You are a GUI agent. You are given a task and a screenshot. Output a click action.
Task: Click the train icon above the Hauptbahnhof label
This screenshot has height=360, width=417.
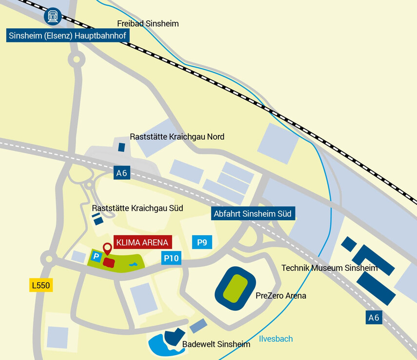pos(52,17)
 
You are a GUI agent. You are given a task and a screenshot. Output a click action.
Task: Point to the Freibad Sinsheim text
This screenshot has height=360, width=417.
pos(148,23)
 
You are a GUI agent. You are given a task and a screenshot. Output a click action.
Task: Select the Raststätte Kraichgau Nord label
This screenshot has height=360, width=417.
pos(177,137)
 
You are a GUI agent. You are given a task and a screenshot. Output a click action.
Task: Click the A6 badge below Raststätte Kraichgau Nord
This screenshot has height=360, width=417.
pos(122,172)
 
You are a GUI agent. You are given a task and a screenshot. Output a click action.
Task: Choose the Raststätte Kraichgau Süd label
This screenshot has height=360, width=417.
pos(137,208)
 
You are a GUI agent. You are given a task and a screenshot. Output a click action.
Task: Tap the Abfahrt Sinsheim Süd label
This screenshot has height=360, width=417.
pos(252,213)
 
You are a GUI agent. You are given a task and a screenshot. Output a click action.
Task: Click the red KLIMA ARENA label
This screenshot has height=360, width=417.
pos(142,242)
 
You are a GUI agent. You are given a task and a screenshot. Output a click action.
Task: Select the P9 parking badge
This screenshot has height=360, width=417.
pos(201,242)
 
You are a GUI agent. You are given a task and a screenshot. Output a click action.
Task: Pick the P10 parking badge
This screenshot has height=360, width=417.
pos(171,258)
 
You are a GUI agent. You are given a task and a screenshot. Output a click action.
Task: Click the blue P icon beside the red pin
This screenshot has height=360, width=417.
pos(96,256)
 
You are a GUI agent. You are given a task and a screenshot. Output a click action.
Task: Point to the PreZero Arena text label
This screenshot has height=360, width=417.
pos(281,296)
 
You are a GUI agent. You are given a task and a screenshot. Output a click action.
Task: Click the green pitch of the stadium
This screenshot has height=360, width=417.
pos(236,288)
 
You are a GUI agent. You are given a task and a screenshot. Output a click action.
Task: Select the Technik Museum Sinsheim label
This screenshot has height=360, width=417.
pos(330,268)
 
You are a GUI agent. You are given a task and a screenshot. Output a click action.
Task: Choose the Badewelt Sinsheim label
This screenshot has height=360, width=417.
pos(216,344)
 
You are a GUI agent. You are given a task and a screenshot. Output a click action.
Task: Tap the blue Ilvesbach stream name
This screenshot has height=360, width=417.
pos(276,339)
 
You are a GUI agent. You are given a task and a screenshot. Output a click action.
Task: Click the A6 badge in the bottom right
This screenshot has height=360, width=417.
pos(374,318)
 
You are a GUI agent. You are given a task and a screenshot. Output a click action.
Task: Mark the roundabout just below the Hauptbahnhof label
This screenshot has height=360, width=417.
pos(76,60)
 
